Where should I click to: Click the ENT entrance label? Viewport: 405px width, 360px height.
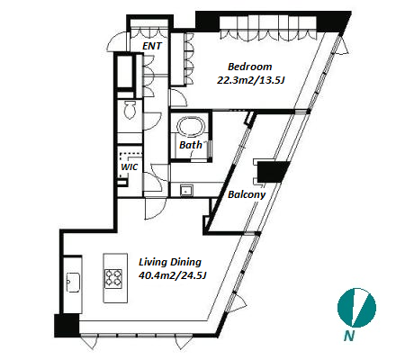[x=152, y=46]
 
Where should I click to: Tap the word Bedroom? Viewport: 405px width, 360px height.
[x=250, y=67]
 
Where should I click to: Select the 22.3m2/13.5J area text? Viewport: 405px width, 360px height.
[x=250, y=80]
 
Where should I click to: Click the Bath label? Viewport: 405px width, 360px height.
[x=191, y=145]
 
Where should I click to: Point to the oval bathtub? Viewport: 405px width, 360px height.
[x=191, y=125]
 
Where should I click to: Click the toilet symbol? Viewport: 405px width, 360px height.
[x=130, y=110]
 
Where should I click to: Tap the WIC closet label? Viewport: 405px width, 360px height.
[x=130, y=167]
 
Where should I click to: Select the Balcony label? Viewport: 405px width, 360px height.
[x=247, y=194]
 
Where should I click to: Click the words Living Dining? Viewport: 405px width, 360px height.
[x=170, y=262]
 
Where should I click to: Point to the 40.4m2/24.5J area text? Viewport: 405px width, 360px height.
[x=173, y=275]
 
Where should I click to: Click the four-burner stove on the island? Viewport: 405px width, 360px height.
[x=113, y=279]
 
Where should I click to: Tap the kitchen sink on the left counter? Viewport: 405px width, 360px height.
[x=73, y=282]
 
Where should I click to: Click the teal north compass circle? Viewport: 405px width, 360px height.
[x=356, y=308]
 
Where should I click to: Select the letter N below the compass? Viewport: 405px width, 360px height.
[x=349, y=336]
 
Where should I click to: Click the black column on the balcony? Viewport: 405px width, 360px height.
[x=274, y=172]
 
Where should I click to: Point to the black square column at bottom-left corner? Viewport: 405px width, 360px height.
[x=67, y=326]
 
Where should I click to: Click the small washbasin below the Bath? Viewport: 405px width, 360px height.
[x=186, y=190]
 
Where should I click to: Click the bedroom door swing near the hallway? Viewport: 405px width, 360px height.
[x=179, y=97]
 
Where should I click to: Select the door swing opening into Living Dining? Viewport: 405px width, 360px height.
[x=155, y=209]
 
